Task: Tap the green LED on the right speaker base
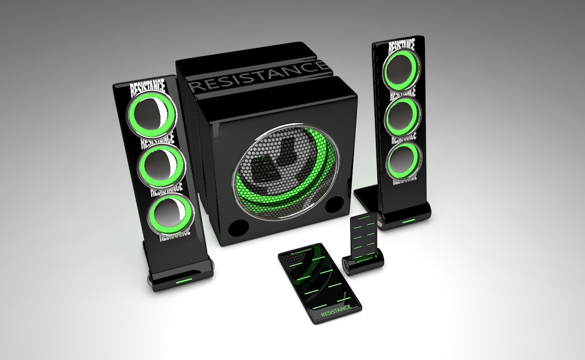point(409,220)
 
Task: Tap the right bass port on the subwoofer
point(334,204)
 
